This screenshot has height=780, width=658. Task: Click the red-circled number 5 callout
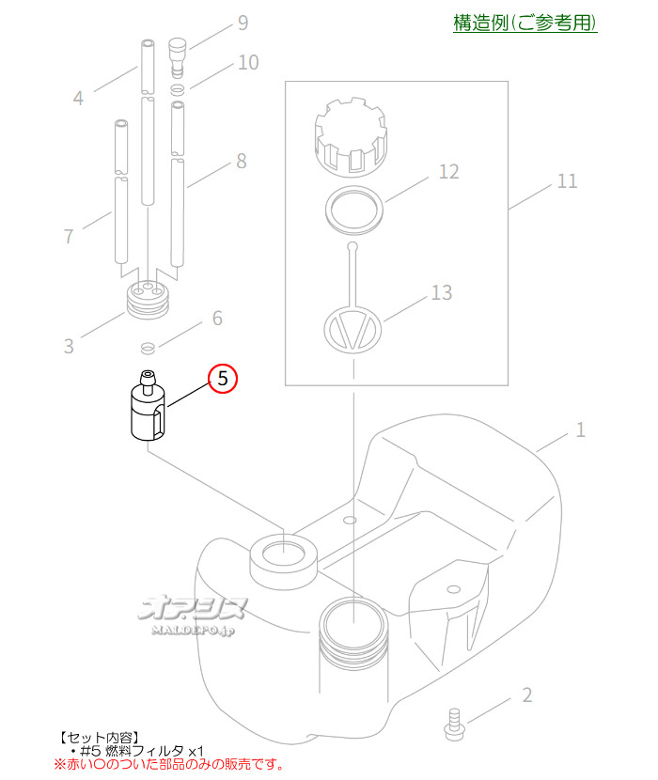(x=223, y=379)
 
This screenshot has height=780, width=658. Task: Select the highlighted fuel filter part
(x=149, y=406)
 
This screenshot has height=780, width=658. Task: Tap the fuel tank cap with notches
(x=352, y=137)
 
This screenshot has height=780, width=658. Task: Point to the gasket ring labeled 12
(x=353, y=210)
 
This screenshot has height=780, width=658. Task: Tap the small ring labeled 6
(x=148, y=348)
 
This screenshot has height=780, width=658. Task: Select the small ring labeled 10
(x=179, y=89)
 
